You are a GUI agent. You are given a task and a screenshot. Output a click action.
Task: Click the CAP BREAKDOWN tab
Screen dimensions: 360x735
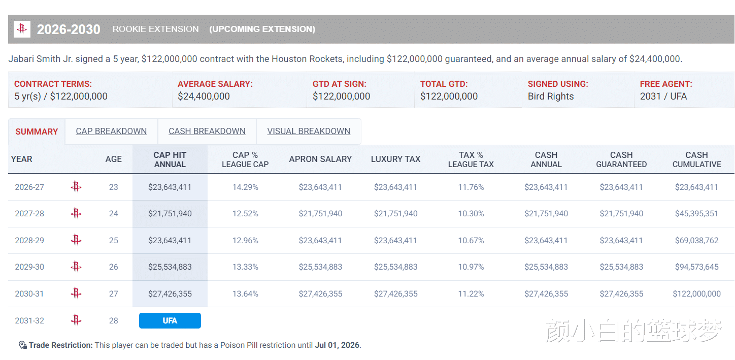[111, 132]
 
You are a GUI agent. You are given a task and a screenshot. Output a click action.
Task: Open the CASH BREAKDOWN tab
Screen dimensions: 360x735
[207, 132]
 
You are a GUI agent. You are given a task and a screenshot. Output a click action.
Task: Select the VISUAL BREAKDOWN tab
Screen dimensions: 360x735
[309, 132]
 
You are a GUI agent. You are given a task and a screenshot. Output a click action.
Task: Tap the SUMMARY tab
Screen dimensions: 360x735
[37, 132]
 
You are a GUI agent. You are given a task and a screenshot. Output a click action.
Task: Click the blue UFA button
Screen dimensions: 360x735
[170, 321]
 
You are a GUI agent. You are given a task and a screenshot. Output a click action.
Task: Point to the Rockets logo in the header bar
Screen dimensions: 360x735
[22, 29]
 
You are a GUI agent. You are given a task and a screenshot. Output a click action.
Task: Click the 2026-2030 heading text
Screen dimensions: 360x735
[69, 29]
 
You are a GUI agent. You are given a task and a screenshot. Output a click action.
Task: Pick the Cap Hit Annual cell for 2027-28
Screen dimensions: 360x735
[170, 214]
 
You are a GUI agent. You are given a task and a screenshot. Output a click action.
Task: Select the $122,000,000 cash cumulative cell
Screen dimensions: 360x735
[696, 294]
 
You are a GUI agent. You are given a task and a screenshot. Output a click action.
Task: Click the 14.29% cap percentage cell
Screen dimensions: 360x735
[245, 187]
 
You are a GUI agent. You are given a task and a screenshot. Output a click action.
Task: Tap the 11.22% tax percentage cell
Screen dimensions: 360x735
[471, 294]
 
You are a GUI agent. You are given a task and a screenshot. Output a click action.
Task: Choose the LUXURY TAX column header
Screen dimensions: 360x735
[395, 159]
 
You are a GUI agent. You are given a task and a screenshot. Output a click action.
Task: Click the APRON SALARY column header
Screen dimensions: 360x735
[320, 159]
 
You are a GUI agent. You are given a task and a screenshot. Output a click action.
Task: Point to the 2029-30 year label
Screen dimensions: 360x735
[29, 267]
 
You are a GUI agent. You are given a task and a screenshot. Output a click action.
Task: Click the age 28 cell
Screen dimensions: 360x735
[113, 321]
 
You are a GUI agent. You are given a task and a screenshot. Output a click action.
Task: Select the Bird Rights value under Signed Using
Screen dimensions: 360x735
[551, 96]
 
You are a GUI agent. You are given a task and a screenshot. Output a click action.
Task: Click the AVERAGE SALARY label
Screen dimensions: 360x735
[215, 84]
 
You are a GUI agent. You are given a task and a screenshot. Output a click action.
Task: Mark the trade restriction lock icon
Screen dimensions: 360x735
[22, 345]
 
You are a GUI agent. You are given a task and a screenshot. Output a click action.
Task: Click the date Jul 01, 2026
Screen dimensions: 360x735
[337, 345]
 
